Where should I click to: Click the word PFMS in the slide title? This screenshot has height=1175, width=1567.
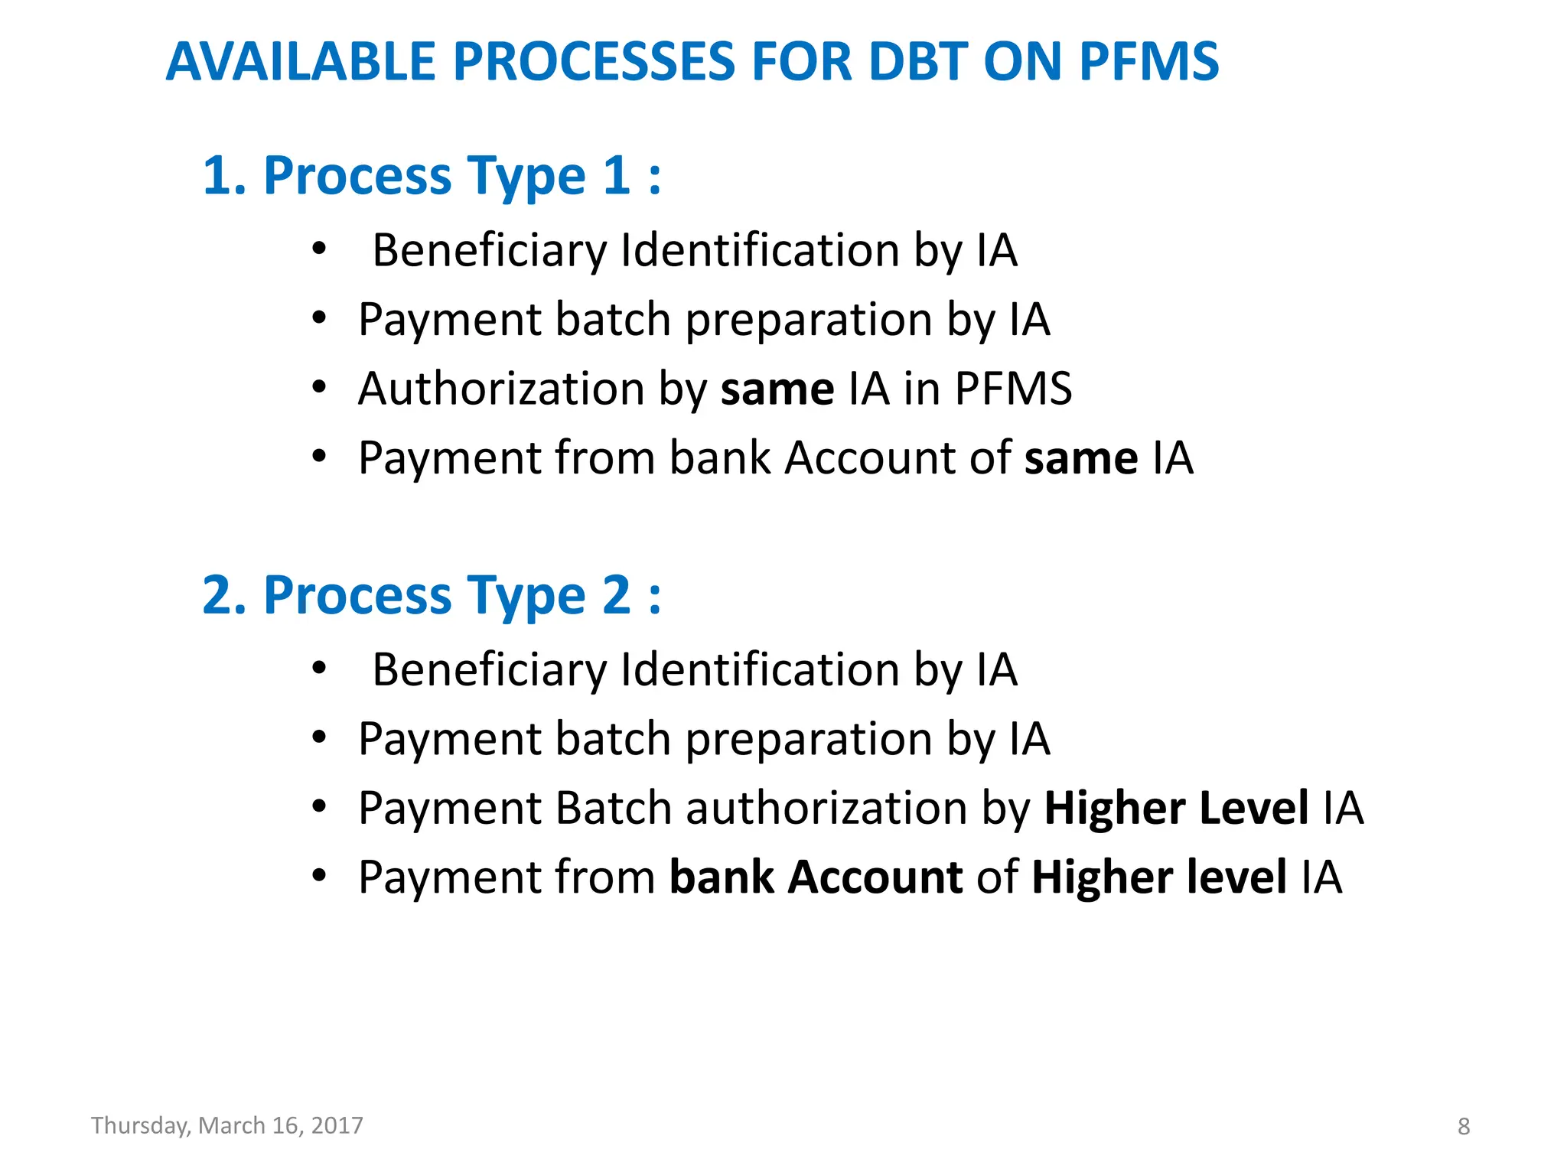[1148, 61]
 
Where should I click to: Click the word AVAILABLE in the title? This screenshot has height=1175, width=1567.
[299, 61]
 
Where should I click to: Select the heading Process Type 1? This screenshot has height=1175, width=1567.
[431, 176]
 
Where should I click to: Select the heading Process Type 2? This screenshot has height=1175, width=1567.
[431, 595]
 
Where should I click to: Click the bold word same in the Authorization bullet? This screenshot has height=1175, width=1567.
[777, 389]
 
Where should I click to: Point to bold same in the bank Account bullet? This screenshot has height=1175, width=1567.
[1080, 458]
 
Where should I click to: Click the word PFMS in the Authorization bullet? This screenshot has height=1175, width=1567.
[1013, 389]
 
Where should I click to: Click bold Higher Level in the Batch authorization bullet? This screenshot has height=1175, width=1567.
[1176, 809]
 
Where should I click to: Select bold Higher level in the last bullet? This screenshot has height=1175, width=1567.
[1158, 877]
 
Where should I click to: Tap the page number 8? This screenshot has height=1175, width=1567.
[1463, 1127]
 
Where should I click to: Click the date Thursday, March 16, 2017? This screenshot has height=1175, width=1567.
[226, 1126]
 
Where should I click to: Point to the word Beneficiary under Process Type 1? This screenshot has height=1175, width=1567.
[490, 251]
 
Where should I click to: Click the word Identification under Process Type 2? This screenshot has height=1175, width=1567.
[759, 670]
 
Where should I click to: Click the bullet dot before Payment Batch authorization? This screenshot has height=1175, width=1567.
[319, 806]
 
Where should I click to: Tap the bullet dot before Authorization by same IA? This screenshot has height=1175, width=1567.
[319, 388]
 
